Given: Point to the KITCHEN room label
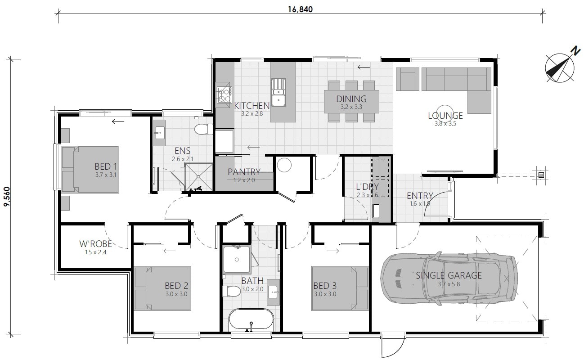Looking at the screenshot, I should [252, 106].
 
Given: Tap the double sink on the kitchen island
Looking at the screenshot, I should [279, 92].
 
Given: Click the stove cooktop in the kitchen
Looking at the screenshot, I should [223, 95].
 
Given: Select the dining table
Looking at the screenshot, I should [351, 102].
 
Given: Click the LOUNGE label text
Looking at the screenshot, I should [445, 116].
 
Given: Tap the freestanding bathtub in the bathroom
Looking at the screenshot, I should [251, 320].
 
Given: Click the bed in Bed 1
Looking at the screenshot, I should [90, 169].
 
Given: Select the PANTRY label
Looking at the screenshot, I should [244, 171].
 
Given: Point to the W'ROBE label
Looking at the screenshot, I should [95, 244].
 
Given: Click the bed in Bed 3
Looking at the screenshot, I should [340, 288].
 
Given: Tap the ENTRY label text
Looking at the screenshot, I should [419, 196].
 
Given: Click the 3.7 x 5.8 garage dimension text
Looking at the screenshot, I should [449, 284].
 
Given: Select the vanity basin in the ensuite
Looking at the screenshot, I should [159, 132].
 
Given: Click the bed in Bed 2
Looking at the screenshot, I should [162, 288].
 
